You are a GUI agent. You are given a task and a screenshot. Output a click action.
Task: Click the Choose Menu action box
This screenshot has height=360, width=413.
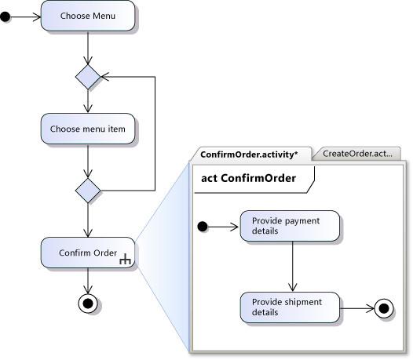pyautogui.click(x=88, y=16)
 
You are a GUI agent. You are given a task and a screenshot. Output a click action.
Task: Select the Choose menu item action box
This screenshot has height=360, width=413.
pyautogui.click(x=88, y=128)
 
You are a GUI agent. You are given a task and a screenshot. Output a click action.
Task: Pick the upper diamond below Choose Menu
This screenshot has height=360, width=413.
pyautogui.click(x=88, y=78)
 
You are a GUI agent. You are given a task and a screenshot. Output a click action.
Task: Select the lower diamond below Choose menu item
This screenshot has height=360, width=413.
pyautogui.click(x=88, y=189)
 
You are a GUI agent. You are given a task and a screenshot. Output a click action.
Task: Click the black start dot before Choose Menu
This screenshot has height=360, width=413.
pyautogui.click(x=6, y=16)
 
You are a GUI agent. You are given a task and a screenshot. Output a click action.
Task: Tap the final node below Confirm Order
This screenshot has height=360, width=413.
pyautogui.click(x=88, y=303)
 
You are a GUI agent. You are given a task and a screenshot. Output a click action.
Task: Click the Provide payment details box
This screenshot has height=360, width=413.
pyautogui.click(x=290, y=226)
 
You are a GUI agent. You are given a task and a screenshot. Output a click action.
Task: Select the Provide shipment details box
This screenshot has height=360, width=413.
pyautogui.click(x=290, y=307)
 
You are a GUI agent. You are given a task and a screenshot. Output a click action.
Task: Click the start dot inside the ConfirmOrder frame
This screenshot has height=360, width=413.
pyautogui.click(x=202, y=227)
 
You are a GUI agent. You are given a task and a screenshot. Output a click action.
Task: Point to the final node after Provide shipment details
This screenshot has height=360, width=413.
pyautogui.click(x=384, y=307)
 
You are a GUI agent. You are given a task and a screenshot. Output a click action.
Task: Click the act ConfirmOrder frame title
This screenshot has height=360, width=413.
pyautogui.click(x=249, y=178)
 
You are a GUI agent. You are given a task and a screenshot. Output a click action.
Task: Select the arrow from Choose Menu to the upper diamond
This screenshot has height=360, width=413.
pyautogui.click(x=88, y=49)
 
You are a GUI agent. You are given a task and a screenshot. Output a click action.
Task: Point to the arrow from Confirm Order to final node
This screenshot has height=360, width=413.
pyautogui.click(x=88, y=281)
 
